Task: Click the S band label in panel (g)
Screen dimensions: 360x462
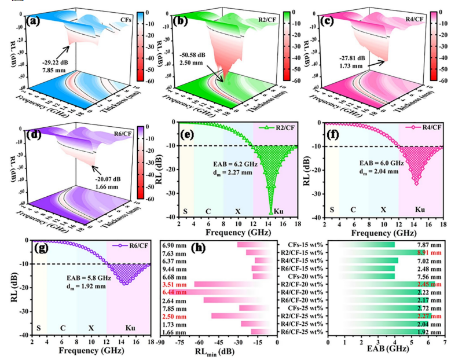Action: tap(39, 327)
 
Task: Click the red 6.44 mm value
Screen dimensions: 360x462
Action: tap(175, 292)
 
